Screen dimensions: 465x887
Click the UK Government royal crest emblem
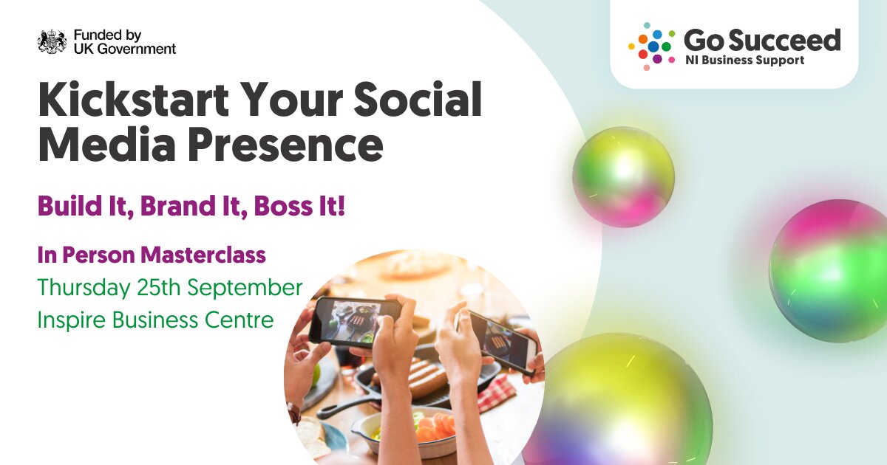pyautogui.click(x=52, y=42)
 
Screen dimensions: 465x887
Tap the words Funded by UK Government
pyautogui.click(x=124, y=42)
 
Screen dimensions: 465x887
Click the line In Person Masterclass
pyautogui.click(x=152, y=255)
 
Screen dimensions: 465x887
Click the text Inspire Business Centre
pyautogui.click(x=156, y=320)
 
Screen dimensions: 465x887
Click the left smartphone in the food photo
pyautogui.click(x=355, y=321)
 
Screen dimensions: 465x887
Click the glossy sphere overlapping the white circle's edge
pyautogui.click(x=623, y=176)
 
